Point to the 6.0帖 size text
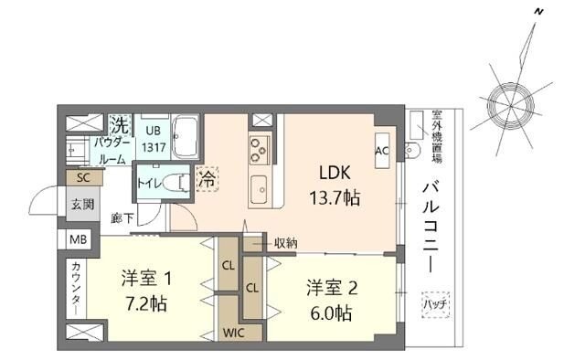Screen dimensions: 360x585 coord(331,312)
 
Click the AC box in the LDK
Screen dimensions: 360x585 coord(382,151)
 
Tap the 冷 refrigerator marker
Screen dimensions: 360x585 coord(207,180)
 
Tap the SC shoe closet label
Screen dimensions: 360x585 coord(83,177)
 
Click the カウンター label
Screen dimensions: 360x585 coord(75,288)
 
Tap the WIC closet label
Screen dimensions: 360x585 coord(233,333)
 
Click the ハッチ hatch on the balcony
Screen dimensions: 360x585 coord(432,302)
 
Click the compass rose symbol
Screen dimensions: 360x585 coord(511,99)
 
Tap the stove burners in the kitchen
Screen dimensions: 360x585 coord(259,146)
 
